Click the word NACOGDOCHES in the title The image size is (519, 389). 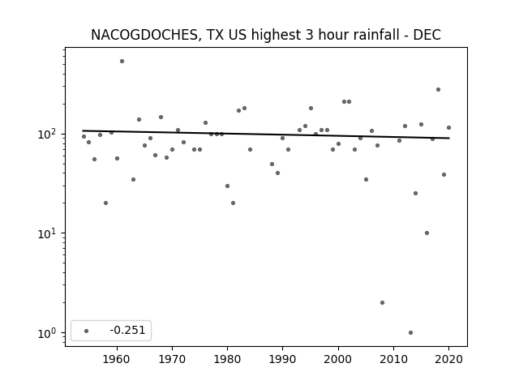pyautogui.click(x=144, y=35)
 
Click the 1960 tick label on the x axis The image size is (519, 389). pyautogui.click(x=117, y=359)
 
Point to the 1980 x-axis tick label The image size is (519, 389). pyautogui.click(x=227, y=359)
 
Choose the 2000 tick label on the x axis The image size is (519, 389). pyautogui.click(x=338, y=359)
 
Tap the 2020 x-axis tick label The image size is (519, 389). pyautogui.click(x=448, y=359)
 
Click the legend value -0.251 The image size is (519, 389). pyautogui.click(x=127, y=330)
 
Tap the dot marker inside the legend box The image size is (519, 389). pyautogui.click(x=87, y=331)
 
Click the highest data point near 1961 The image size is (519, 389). pyautogui.click(x=122, y=62)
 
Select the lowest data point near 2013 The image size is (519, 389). pyautogui.click(x=411, y=332)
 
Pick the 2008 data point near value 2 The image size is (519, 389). pyautogui.click(x=382, y=302)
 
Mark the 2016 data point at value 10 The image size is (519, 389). pyautogui.click(x=427, y=233)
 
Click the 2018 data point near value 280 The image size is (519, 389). pyautogui.click(x=438, y=90)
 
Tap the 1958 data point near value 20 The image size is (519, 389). pyautogui.click(x=105, y=203)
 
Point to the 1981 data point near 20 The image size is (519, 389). pyautogui.click(x=233, y=203)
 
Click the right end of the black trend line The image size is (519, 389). pyautogui.click(x=449, y=138)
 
